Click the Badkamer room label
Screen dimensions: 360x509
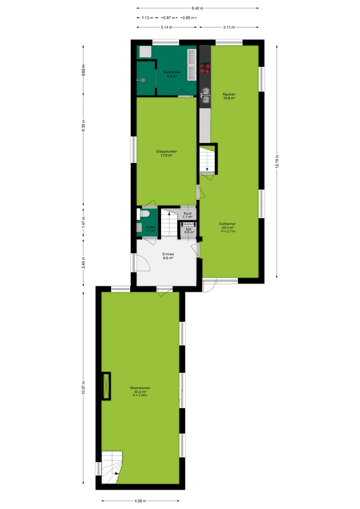tap(172, 72)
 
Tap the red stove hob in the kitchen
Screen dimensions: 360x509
tap(205, 68)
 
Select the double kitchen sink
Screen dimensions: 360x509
tap(205, 95)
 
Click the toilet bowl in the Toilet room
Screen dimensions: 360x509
tap(144, 213)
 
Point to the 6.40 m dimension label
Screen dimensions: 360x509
tap(197, 8)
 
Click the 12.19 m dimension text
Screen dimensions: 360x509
tap(277, 161)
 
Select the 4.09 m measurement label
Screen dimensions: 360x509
tap(140, 501)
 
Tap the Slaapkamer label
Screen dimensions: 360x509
tap(166, 152)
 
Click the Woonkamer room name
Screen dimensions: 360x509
tap(140, 388)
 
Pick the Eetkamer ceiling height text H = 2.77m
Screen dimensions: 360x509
tap(228, 231)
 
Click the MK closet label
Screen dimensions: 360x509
tap(189, 229)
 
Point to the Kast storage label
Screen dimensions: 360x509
tap(188, 213)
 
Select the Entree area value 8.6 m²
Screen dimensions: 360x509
tap(168, 258)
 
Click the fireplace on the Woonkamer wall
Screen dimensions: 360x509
tap(106, 386)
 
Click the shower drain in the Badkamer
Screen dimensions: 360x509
tap(143, 80)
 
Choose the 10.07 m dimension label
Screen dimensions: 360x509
tap(83, 388)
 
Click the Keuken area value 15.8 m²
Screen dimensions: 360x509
tap(229, 98)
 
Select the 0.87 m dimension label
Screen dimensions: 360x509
tap(169, 18)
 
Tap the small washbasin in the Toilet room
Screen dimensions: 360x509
tap(139, 227)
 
